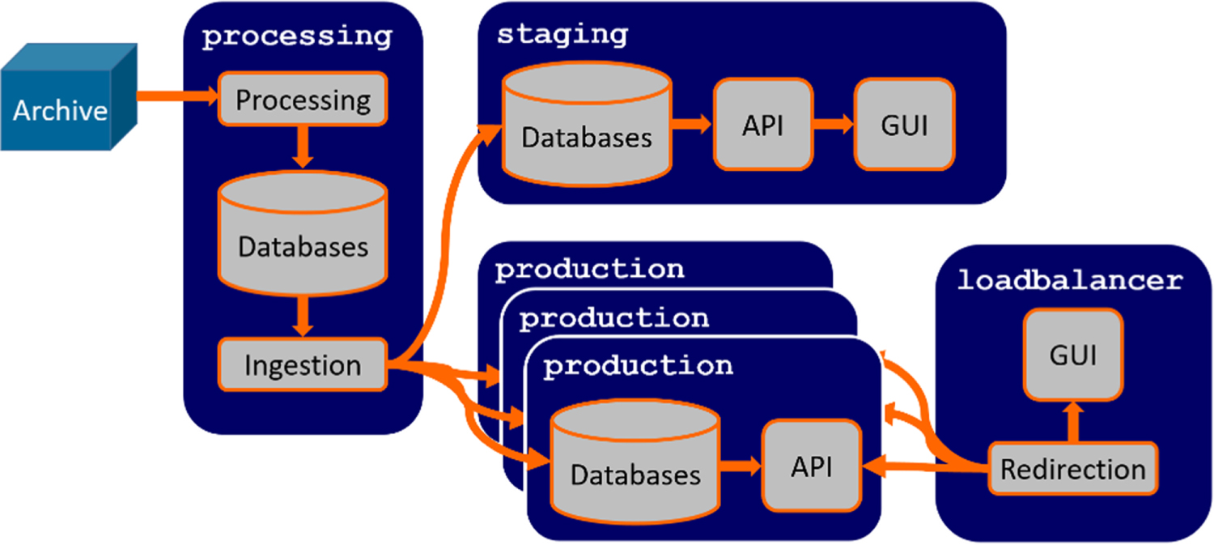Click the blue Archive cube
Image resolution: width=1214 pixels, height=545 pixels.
pos(69,97)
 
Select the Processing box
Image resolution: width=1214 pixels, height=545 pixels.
pos(303,100)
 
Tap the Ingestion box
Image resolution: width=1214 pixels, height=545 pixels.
pos(303,364)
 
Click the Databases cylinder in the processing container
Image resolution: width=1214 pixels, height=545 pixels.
pos(303,233)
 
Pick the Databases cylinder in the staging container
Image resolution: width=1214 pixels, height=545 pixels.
pos(587,124)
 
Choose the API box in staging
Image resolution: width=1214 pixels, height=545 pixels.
pos(763,124)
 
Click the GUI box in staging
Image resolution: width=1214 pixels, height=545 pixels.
pos(905,124)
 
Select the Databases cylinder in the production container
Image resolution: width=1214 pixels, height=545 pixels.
pos(635,462)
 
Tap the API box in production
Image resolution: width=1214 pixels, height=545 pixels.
pos(812,466)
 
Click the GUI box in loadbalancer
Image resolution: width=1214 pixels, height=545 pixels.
pos(1073,355)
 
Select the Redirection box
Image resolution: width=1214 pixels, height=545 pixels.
pos(1073,469)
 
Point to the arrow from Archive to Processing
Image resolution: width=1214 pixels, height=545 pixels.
pos(177,96)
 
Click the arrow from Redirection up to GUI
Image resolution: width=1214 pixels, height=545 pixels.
pos(1073,422)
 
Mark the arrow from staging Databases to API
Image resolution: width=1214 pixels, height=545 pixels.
pos(692,124)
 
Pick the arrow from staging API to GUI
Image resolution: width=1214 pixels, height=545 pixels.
pos(834,124)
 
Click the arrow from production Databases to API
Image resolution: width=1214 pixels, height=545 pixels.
pos(741,466)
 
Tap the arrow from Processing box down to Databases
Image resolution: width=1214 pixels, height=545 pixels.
pos(303,147)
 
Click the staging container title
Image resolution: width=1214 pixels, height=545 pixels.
pos(562,35)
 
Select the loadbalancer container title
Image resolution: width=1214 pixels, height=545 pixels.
pos(1070,280)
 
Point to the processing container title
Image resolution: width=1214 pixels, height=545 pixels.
pos(297,37)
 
